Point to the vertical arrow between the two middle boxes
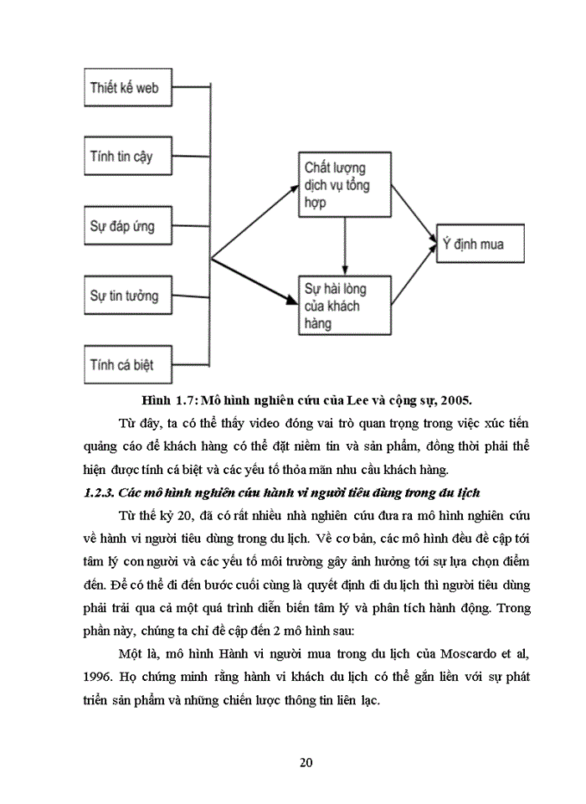pos(344,245)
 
